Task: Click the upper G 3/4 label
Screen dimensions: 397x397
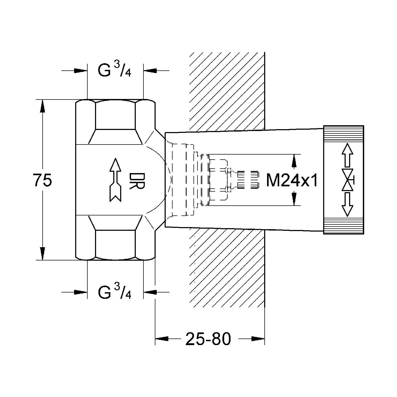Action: (115, 70)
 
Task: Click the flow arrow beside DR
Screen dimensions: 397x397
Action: (115, 180)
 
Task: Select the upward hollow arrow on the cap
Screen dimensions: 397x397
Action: (348, 155)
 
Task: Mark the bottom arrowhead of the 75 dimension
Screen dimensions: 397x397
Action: (43, 253)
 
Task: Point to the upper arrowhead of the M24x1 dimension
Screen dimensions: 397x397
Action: (294, 161)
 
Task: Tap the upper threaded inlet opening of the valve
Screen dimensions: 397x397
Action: (115, 115)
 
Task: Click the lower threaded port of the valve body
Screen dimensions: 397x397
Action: (115, 243)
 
